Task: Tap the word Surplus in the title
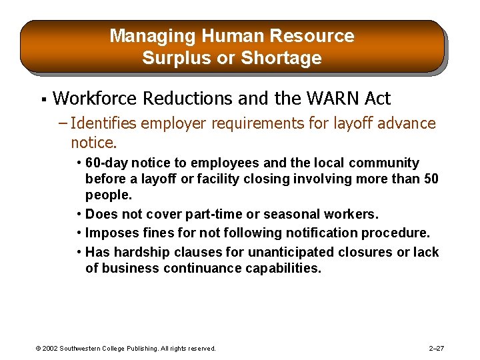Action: [168, 59]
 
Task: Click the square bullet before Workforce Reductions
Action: [42, 100]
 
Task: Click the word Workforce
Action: [95, 99]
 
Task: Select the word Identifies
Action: [105, 123]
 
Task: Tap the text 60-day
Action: [107, 163]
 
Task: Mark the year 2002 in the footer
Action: [49, 349]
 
